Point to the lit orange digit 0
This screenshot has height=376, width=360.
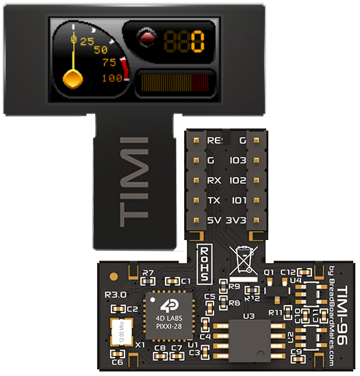(x=198, y=42)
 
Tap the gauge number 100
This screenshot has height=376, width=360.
(x=112, y=78)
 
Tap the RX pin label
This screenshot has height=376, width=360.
(x=214, y=181)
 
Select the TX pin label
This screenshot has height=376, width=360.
(x=214, y=201)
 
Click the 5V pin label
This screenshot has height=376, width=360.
(x=214, y=221)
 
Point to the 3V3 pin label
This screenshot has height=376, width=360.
(x=236, y=221)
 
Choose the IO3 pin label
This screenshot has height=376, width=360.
(x=237, y=161)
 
